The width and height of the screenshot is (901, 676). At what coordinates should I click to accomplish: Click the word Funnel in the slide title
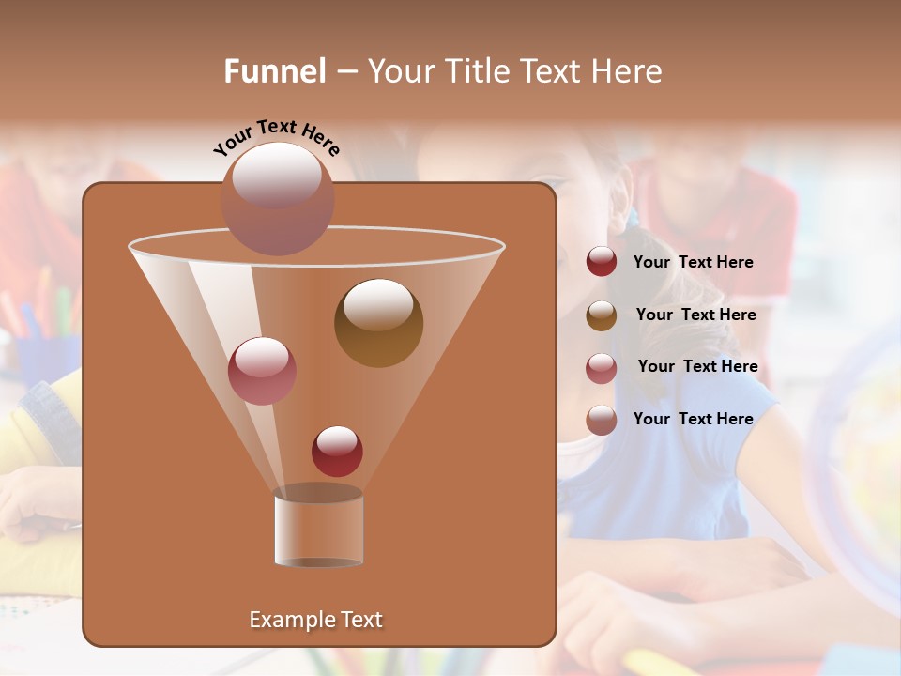(274, 71)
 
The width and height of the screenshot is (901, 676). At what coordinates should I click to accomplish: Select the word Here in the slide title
(628, 71)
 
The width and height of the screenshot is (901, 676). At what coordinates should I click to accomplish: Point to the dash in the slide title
(345, 72)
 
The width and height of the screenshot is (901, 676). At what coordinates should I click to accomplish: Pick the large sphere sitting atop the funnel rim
(278, 199)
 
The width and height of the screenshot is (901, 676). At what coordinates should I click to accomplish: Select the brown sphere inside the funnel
(378, 323)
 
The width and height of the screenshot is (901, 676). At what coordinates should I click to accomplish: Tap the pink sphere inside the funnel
(262, 371)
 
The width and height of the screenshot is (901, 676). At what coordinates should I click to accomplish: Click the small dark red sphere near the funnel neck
(337, 451)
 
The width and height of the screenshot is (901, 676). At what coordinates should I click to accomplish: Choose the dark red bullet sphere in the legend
(602, 262)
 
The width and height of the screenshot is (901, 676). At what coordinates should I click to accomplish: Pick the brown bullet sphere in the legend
(602, 315)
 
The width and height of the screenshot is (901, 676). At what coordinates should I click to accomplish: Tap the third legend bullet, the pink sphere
(602, 368)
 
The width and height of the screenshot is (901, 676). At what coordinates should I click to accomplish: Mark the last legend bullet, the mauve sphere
(602, 420)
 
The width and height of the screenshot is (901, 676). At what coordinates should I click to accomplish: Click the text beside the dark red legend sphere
(693, 262)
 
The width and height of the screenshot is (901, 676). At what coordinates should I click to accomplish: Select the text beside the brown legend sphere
(695, 315)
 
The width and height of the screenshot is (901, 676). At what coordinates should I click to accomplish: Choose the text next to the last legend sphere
(693, 419)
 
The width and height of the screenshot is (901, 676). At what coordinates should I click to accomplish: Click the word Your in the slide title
(403, 71)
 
